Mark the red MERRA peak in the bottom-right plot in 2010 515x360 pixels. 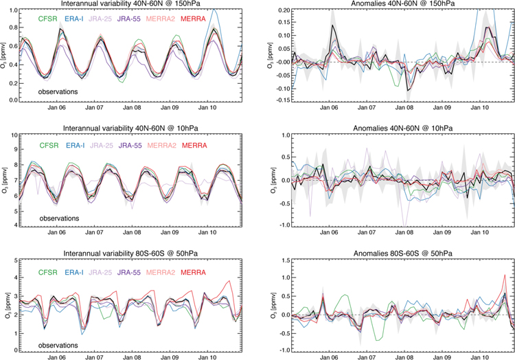[505, 275]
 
